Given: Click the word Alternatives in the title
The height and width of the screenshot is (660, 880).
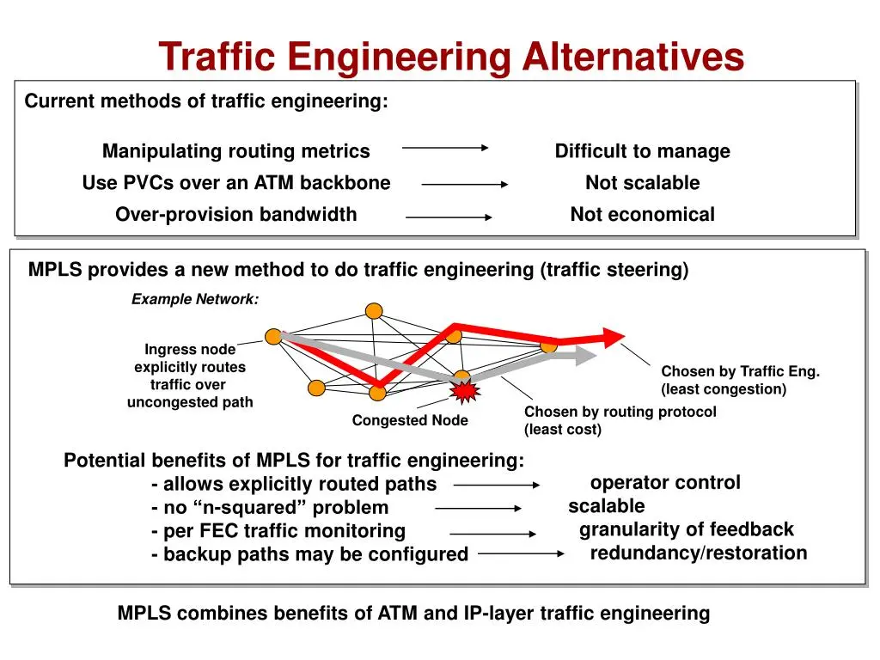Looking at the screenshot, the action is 633,56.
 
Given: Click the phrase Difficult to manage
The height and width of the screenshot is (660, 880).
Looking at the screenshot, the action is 643,151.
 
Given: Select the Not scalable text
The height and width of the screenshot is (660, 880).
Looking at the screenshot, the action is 643,182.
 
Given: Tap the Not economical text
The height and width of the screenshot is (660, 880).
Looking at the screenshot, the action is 643,214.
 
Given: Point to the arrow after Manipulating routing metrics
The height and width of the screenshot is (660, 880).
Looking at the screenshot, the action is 445,148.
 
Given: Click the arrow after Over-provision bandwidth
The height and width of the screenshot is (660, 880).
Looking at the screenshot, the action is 449,217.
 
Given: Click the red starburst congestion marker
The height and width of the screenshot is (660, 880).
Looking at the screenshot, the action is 465,391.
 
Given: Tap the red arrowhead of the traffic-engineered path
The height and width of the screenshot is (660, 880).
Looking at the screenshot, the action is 614,337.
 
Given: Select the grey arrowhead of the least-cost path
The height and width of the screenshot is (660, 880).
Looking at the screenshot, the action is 585,355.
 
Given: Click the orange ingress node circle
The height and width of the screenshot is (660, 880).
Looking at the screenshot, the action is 273,337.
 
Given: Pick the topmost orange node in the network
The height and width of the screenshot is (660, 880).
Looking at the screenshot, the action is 374,310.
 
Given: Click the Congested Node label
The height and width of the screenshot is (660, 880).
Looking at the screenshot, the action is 410,420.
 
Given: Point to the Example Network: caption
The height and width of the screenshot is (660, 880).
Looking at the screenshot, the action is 195,299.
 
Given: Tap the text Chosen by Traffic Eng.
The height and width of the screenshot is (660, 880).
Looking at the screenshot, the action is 740,371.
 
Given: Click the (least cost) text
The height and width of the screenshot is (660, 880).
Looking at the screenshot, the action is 563,430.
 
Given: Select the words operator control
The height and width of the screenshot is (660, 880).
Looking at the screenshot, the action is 665,482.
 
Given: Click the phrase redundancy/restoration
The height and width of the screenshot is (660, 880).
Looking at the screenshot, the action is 699,553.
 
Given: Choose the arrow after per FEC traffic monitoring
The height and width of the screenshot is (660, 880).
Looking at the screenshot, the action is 493,534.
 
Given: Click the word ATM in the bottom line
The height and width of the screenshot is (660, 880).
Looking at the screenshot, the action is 398,613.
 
